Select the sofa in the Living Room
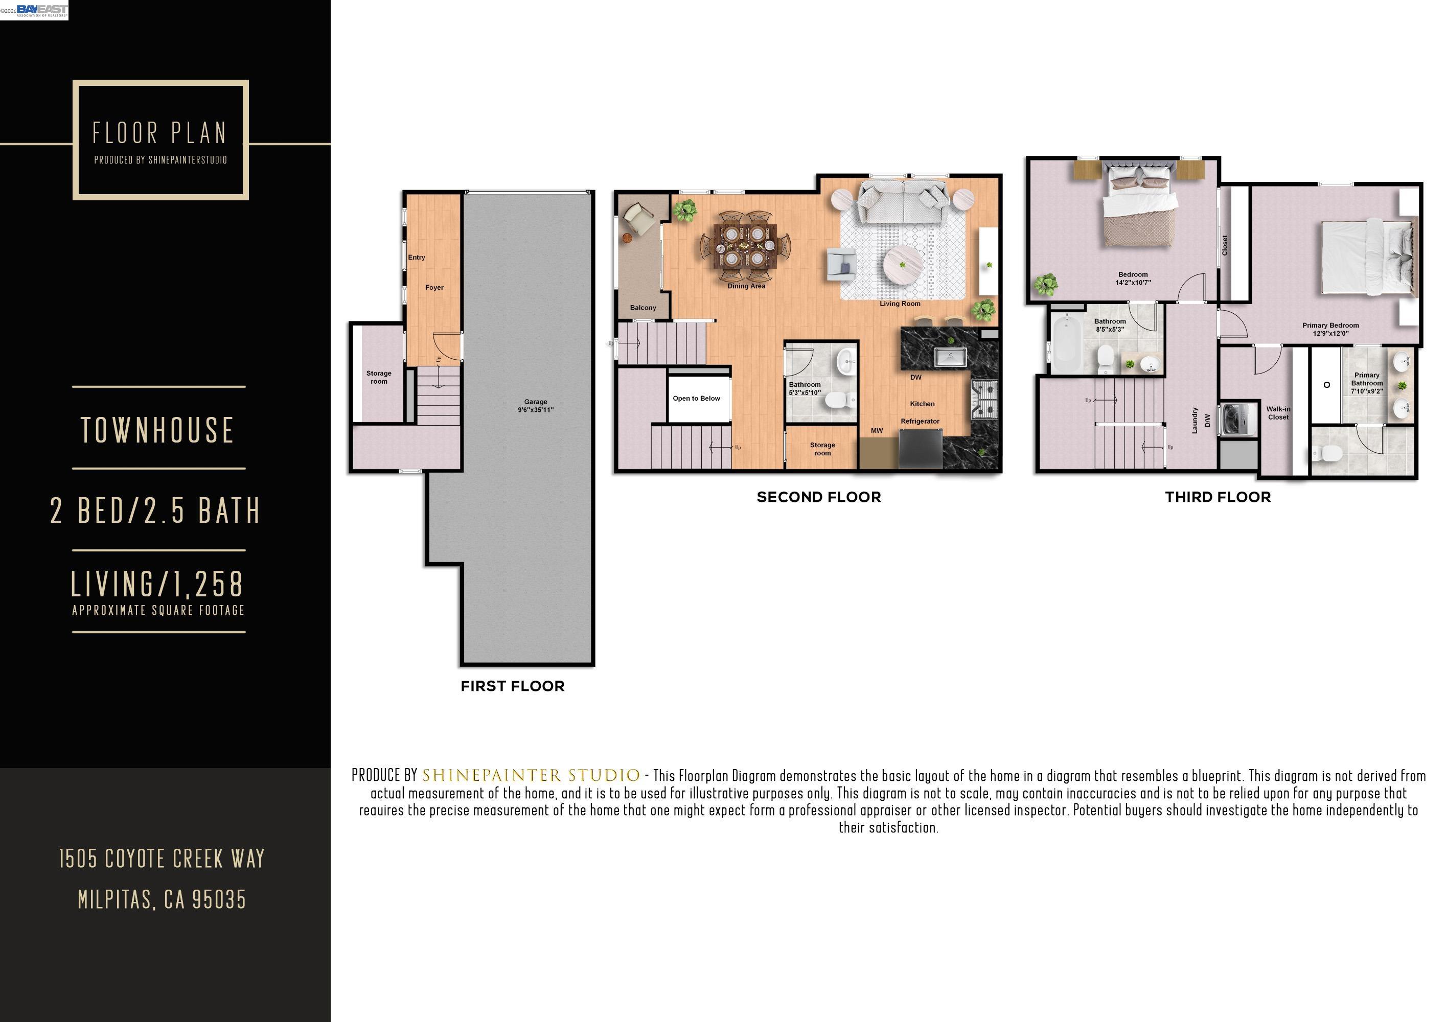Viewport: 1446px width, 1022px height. pos(903,200)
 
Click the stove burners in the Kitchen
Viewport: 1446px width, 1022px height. pos(985,399)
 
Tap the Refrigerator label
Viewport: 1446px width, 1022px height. pos(920,421)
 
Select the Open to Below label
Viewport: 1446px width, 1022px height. pos(696,399)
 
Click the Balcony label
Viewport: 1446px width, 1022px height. pos(642,308)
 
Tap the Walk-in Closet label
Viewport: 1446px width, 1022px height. pos(1278,413)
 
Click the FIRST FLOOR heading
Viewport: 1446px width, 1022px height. pos(512,686)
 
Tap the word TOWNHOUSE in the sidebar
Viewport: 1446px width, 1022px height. pos(157,430)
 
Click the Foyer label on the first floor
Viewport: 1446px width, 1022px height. pos(434,288)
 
